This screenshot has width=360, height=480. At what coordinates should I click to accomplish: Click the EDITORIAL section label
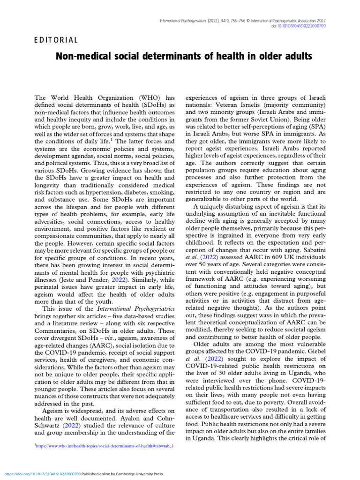pyautogui.click(x=56, y=40)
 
